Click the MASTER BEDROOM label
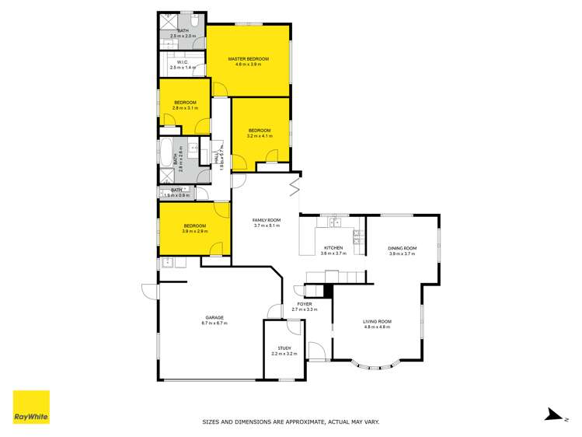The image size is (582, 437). tap(248, 59)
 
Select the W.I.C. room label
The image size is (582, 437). tap(183, 62)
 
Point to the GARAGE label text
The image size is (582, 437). tap(214, 317)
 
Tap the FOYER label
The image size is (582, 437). tap(305, 304)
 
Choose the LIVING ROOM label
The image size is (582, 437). tap(378, 321)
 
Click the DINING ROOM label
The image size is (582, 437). tap(403, 248)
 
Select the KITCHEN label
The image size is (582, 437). tap(333, 248)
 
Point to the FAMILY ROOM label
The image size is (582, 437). tap(266, 220)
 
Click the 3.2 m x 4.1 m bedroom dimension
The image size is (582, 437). tap(260, 136)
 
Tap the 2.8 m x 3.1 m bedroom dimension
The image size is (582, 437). tap(185, 108)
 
